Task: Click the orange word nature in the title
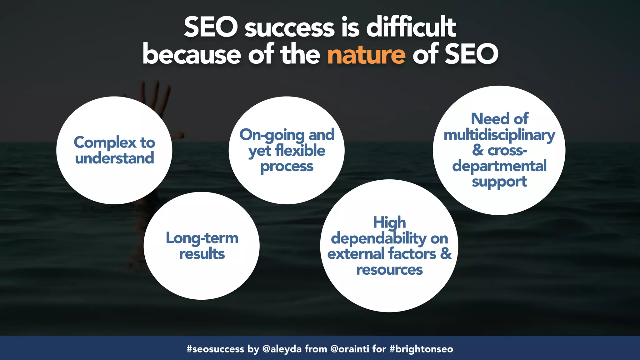pyautogui.click(x=366, y=55)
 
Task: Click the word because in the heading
pyautogui.click(x=192, y=55)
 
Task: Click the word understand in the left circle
pyautogui.click(x=114, y=158)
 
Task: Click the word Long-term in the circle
pyautogui.click(x=202, y=238)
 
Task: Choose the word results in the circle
pyautogui.click(x=202, y=254)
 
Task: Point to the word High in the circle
pyautogui.click(x=389, y=222)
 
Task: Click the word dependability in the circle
pyautogui.click(x=378, y=239)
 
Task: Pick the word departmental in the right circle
pyautogui.click(x=499, y=166)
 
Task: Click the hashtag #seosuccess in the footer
pyautogui.click(x=215, y=349)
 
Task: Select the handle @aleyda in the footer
pyautogui.click(x=282, y=349)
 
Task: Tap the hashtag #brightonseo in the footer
pyautogui.click(x=421, y=349)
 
